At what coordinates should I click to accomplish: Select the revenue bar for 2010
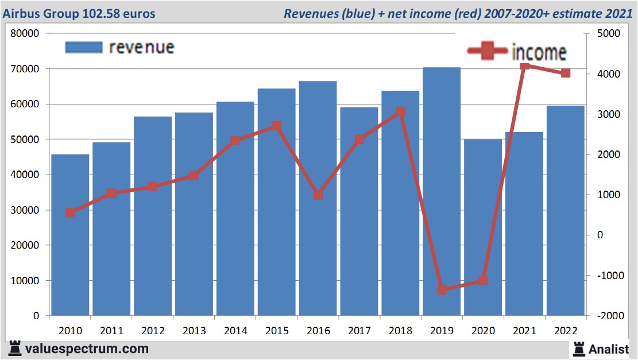pos(70,235)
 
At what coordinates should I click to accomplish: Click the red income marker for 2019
pos(442,289)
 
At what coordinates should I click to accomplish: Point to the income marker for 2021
pos(524,67)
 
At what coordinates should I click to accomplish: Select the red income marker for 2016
pos(318,195)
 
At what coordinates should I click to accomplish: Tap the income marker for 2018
pos(400,112)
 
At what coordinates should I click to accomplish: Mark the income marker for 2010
pos(70,212)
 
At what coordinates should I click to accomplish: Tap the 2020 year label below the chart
pos(483,331)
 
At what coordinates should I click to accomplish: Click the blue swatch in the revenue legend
pos(83,47)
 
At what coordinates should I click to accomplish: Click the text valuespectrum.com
pos(86,349)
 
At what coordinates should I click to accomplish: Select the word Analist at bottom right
pos(608,349)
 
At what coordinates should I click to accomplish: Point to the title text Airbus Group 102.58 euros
pos(79,13)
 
